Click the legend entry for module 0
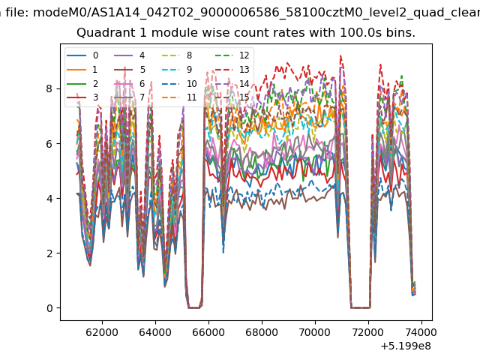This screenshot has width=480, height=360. point(82,55)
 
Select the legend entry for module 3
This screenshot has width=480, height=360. point(82,97)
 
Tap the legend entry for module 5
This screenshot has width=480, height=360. point(130,70)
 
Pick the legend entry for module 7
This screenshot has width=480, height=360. point(130,97)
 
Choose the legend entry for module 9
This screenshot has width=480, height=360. point(177,70)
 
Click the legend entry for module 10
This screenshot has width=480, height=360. point(179,83)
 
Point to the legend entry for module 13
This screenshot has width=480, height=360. point(232,70)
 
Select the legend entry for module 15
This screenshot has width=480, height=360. point(232,97)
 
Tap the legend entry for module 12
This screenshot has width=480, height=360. point(232,55)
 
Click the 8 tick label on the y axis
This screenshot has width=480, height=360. point(49,88)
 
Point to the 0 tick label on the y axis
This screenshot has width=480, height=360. point(49,308)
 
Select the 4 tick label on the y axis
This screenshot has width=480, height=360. point(49,198)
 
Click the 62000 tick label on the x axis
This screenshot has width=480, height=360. point(102,332)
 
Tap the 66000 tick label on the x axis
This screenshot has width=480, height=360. point(208,332)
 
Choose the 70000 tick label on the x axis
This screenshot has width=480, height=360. point(315,332)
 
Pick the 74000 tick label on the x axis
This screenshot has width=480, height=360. point(421,332)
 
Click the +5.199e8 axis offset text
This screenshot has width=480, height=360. point(406,346)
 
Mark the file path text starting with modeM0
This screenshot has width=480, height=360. point(256,13)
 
